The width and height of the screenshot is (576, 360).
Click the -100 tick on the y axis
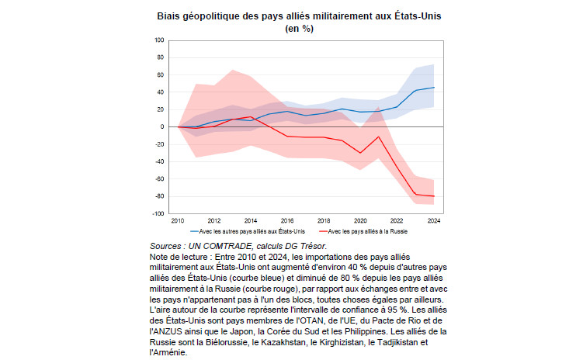pos(159,213)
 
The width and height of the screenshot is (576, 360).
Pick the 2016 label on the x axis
pos(288,220)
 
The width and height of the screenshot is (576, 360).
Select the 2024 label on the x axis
pos(433,220)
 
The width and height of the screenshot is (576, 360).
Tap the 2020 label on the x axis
pos(361,220)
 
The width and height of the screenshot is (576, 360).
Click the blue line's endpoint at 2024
pos(433,88)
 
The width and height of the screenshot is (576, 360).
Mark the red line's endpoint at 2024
pos(433,196)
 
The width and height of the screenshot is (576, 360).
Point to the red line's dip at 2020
pos(361,153)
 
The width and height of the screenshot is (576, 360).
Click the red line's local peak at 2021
pos(379,137)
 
